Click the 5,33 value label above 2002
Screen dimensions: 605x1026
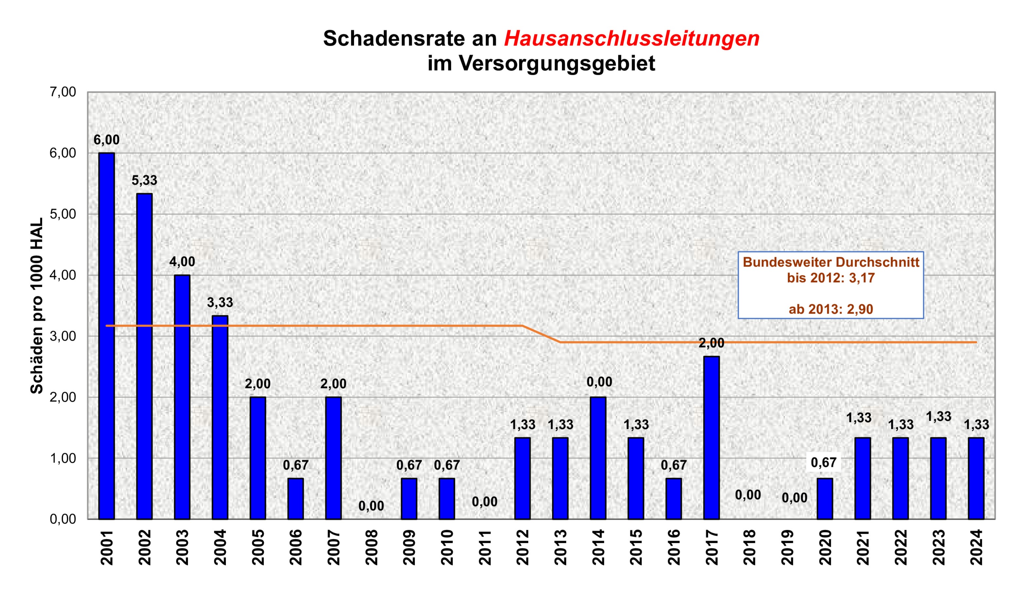[x=144, y=180]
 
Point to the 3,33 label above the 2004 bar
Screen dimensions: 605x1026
[x=220, y=302]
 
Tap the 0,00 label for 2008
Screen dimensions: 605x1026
[x=371, y=506]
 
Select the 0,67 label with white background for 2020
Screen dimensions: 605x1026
[x=824, y=463]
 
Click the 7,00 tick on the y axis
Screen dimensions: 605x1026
[x=63, y=92]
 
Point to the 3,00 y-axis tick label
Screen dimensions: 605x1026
[x=63, y=336]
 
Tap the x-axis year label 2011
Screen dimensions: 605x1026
[x=485, y=547]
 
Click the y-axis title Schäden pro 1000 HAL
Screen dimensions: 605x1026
[x=37, y=306]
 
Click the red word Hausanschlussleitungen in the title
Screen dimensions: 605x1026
[x=631, y=39]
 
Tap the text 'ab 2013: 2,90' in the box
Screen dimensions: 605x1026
[x=830, y=309]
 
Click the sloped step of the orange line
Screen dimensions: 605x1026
[x=541, y=334]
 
